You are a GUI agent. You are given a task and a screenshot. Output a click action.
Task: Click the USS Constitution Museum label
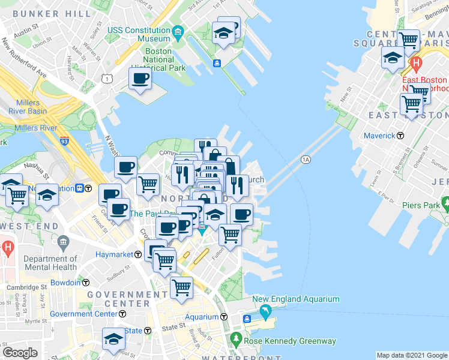click(x=139, y=34)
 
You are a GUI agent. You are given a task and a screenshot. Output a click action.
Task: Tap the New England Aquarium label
click(x=296, y=299)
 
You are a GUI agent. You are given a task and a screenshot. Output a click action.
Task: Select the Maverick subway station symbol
click(x=400, y=136)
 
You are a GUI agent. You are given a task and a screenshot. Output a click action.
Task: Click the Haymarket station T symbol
click(x=138, y=254)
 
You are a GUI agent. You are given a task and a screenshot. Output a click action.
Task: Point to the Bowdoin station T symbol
click(x=86, y=282)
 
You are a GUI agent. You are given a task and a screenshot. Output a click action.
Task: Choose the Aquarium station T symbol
click(x=224, y=317)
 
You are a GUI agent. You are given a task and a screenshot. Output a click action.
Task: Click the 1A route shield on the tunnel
click(x=306, y=159)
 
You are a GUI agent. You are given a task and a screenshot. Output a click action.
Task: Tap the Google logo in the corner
click(x=20, y=353)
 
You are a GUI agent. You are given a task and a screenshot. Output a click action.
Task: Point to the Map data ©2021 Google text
click(x=411, y=355)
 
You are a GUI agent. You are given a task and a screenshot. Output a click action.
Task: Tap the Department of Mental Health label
click(x=50, y=263)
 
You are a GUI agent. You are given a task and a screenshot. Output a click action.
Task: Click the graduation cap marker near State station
click(x=113, y=339)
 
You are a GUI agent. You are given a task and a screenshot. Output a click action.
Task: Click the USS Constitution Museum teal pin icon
click(x=178, y=31)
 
